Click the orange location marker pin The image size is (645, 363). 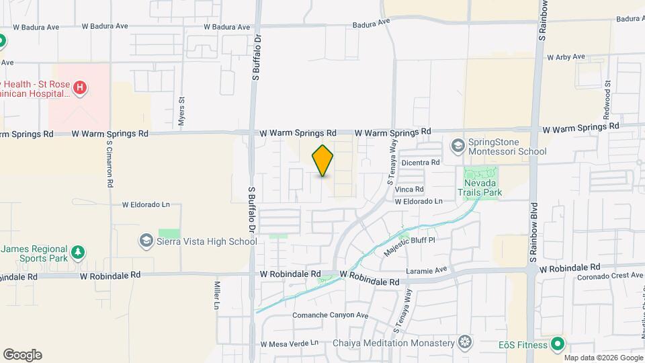(323, 160)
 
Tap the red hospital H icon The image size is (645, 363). (80, 87)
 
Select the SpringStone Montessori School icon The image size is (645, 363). (458, 145)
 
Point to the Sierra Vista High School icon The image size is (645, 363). (146, 241)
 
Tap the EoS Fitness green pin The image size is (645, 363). (556, 345)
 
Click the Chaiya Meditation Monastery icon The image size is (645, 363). (464, 344)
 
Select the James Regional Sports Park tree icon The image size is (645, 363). (79, 252)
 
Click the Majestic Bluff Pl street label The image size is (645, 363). (410, 245)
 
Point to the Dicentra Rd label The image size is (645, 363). (420, 162)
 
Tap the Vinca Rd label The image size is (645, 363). (409, 190)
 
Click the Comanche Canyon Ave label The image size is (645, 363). (331, 315)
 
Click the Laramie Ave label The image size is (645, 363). (427, 270)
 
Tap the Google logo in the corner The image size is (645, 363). (22, 354)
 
